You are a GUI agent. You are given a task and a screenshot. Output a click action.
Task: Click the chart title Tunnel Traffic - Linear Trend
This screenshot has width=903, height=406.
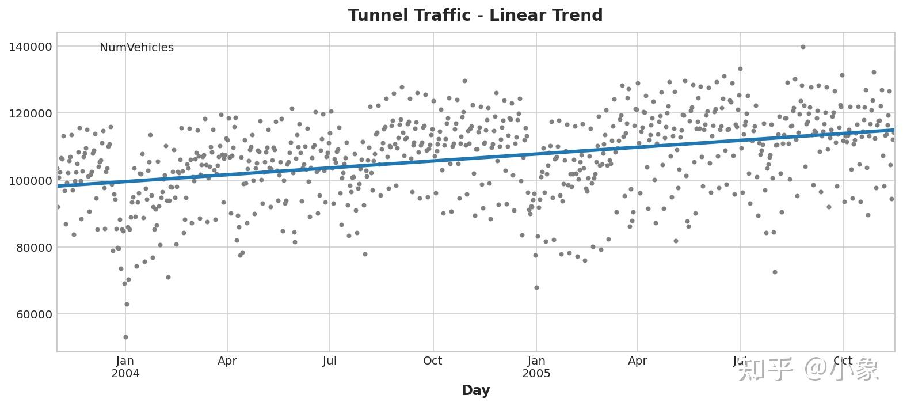click(x=475, y=15)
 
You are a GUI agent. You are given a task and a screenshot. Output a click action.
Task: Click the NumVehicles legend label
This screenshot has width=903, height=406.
click(x=136, y=48)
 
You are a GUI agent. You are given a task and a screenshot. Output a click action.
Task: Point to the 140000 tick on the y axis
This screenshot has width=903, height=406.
click(x=31, y=47)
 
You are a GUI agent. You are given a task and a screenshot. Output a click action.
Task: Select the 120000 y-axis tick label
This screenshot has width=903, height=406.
click(x=31, y=113)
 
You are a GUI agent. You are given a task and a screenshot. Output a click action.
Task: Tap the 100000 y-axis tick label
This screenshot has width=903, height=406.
click(x=31, y=181)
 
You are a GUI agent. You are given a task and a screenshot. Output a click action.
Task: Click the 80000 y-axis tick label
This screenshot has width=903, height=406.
click(x=33, y=248)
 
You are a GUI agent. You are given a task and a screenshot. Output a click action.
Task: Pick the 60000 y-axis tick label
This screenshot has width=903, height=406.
click(x=33, y=314)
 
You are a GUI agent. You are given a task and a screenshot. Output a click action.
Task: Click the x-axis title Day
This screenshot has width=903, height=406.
click(x=475, y=390)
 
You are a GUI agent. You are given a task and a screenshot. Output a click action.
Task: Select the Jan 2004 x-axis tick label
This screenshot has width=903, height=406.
click(x=125, y=367)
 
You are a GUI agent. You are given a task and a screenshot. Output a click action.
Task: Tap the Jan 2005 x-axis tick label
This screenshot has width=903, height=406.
click(x=536, y=367)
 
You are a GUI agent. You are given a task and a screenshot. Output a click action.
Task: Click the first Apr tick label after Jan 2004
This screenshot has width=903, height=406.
click(x=227, y=361)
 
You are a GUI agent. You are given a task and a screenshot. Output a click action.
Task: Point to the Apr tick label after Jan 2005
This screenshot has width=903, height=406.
click(x=638, y=361)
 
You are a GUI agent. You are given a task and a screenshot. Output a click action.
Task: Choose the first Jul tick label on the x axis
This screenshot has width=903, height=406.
click(x=330, y=361)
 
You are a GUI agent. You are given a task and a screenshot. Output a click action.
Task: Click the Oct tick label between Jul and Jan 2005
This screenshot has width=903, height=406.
click(x=432, y=361)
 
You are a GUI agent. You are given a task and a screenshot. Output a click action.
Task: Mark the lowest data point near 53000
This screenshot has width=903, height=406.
click(x=125, y=337)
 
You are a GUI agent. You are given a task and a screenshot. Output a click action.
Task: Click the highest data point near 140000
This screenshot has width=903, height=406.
click(x=803, y=47)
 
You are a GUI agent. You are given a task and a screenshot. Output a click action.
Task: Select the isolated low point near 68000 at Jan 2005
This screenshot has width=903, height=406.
click(x=536, y=287)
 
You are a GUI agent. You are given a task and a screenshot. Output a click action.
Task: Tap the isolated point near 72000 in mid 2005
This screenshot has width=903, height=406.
click(x=775, y=272)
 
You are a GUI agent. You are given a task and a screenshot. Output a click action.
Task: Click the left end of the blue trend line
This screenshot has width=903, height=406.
click(x=58, y=186)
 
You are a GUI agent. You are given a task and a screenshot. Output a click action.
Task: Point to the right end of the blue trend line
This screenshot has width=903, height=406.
click(x=893, y=131)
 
